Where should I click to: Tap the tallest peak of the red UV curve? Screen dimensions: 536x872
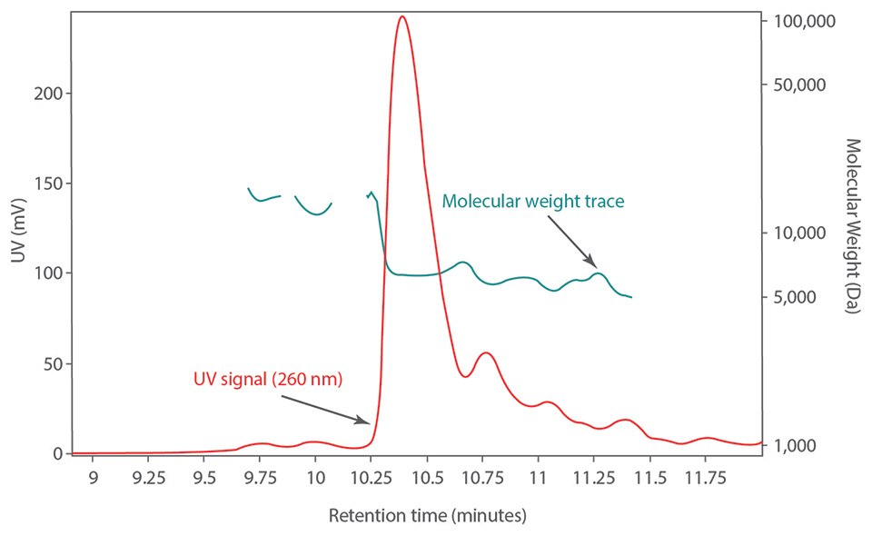[x=401, y=17]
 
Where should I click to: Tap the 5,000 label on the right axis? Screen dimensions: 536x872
[x=804, y=297]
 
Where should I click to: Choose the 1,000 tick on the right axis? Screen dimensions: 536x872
[x=804, y=445]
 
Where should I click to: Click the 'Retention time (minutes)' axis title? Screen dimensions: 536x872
[x=426, y=517]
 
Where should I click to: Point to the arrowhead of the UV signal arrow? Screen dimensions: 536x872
[x=367, y=422]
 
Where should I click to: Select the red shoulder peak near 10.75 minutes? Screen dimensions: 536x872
[x=486, y=353]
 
